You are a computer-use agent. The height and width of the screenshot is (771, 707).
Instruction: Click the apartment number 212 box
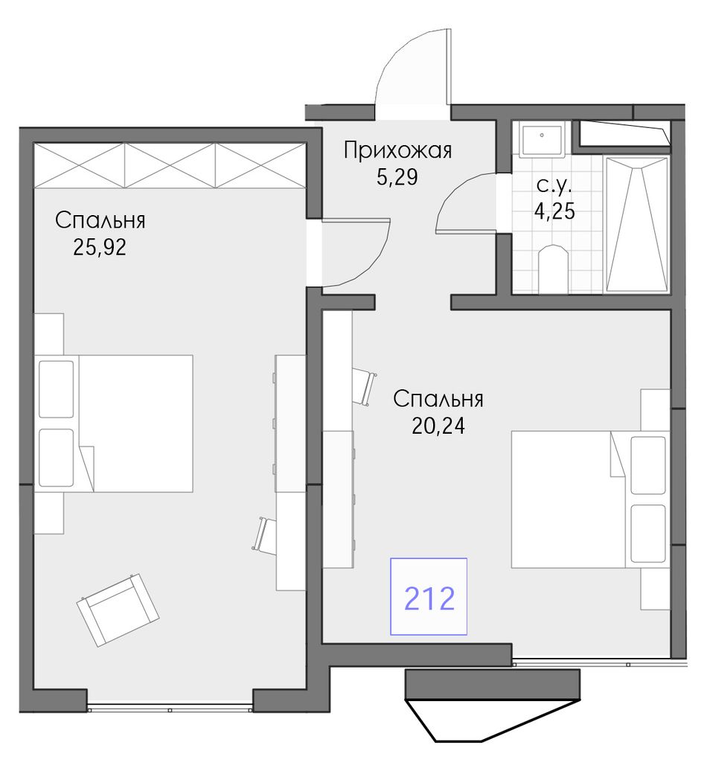(x=429, y=596)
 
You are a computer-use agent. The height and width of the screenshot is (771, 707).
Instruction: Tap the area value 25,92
(x=100, y=247)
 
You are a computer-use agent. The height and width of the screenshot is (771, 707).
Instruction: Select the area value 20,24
(x=438, y=426)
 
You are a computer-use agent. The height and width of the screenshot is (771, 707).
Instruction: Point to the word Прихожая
(x=397, y=150)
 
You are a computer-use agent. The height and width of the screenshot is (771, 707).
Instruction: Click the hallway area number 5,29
(x=397, y=177)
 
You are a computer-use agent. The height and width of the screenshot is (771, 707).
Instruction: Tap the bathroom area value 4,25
(x=554, y=211)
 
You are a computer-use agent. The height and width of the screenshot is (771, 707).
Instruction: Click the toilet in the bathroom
(x=554, y=269)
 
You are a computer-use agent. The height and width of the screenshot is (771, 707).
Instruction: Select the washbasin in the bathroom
(x=541, y=140)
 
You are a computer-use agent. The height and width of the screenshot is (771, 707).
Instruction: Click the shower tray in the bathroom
(x=637, y=225)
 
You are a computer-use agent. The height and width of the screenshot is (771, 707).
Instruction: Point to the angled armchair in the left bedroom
(x=118, y=610)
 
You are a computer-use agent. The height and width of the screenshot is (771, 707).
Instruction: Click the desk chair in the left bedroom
(x=266, y=536)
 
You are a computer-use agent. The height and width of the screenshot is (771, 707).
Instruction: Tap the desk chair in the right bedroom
(x=364, y=386)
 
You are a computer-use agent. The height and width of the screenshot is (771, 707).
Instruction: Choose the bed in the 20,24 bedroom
(x=590, y=499)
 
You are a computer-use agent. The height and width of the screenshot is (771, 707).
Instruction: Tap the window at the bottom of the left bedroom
(x=170, y=709)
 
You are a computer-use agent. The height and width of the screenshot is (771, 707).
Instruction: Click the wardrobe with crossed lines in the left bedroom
(x=170, y=165)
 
